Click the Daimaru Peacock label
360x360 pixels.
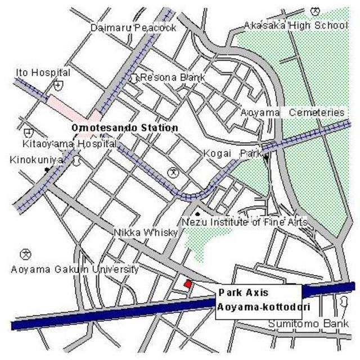[x=133, y=27]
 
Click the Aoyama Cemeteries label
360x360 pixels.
[x=291, y=112]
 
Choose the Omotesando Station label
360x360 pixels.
[x=125, y=128]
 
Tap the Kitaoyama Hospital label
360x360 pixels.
[x=69, y=143]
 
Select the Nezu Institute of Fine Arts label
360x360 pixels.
[x=244, y=222]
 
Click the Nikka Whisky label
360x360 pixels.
[x=146, y=232]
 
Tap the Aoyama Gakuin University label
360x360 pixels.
[x=74, y=269]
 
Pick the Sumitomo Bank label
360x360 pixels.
[x=308, y=324]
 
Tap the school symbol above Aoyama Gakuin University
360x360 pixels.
[x=25, y=254]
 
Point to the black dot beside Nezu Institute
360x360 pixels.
[x=197, y=214]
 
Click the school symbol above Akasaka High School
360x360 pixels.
[x=314, y=10]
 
